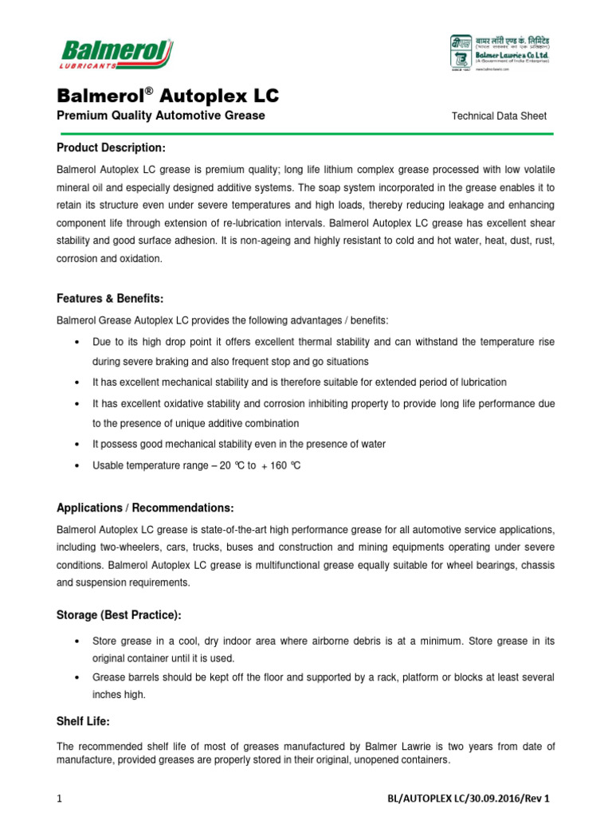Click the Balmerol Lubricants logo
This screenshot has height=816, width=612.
pos(116,55)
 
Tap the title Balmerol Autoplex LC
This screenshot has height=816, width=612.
pos(167,96)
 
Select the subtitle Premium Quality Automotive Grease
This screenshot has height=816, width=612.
pos(160,116)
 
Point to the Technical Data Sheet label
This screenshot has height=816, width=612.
pos(499,116)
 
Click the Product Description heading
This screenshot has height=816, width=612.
pos(111,149)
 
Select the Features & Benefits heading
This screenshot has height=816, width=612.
pos(110,299)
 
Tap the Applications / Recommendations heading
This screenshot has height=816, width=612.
pos(145,508)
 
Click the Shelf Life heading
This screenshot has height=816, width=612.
pos(82,721)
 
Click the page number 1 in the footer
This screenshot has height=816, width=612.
pos(59,798)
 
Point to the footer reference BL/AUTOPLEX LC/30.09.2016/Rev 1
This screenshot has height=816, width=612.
pos(468,798)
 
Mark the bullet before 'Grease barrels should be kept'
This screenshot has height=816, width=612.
pos(75,677)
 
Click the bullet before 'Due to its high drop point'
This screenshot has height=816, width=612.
pos(75,342)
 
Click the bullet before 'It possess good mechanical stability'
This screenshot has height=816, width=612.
pos(75,445)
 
